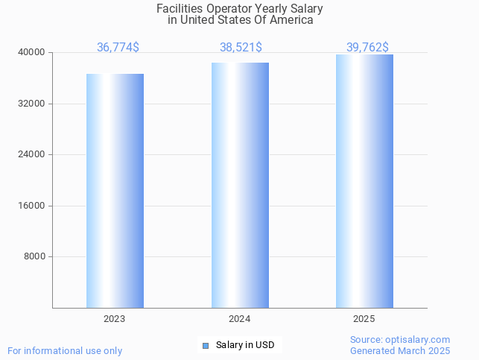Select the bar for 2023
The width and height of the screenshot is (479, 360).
115,190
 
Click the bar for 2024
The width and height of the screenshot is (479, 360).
240,185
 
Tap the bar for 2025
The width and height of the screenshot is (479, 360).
364,181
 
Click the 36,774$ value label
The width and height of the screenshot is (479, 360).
118,48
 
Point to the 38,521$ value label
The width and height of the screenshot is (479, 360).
241,48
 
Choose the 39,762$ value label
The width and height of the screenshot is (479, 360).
367,48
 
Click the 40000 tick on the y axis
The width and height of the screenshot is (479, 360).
32,53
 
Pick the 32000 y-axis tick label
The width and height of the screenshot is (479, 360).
32,104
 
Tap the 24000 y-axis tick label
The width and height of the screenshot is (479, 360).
32,155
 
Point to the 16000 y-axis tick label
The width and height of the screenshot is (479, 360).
32,206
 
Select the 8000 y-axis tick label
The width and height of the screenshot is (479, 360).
34,257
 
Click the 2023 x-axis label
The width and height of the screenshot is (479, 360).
114,319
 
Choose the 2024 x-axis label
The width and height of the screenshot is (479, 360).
239,319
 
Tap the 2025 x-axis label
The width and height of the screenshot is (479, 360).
364,319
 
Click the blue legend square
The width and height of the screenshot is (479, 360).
206,345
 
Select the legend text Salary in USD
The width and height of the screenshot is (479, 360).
245,345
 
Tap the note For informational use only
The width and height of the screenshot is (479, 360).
65,350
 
